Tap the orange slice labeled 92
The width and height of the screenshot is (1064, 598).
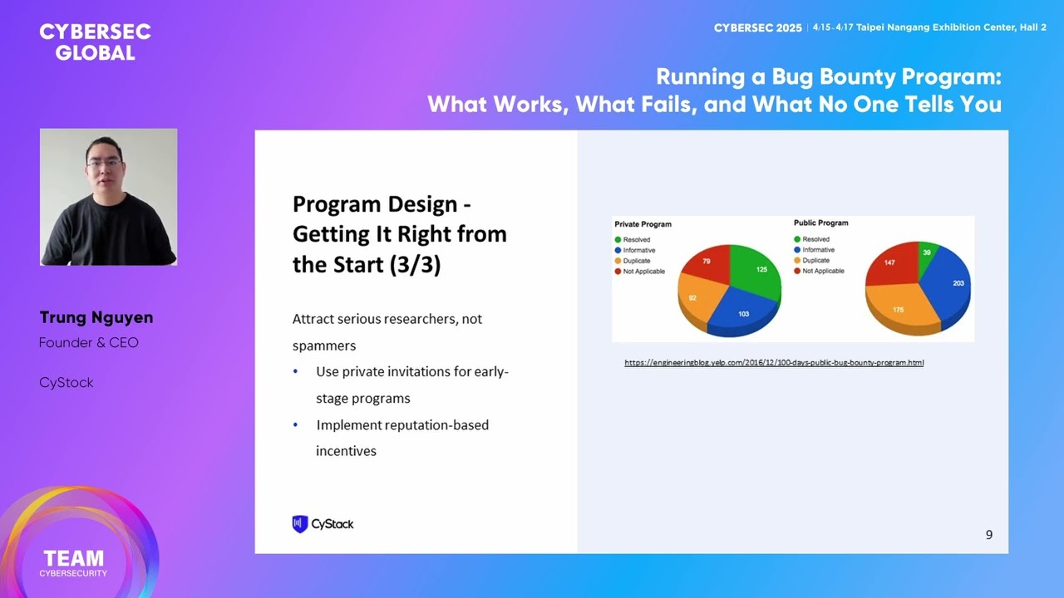[695, 297]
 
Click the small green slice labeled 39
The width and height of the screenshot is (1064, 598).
[926, 252]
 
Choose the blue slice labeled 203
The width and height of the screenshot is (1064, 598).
[954, 284]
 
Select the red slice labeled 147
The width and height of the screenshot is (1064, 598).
[890, 264]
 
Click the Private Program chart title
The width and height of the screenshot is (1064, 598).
[643, 224]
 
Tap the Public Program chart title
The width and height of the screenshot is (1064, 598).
[820, 223]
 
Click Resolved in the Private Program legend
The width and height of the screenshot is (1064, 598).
[637, 240]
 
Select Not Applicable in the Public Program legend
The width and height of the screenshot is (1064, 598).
[823, 271]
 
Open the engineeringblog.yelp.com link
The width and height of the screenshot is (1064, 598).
[774, 363]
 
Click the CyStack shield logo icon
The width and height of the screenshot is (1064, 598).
[300, 524]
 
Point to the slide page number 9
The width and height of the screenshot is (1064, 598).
[988, 535]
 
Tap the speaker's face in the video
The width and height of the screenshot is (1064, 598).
[105, 162]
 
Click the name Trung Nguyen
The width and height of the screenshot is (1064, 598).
[96, 318]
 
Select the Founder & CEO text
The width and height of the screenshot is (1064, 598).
[89, 343]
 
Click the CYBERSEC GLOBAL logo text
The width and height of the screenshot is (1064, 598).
[95, 42]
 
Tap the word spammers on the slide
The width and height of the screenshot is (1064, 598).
[324, 346]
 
